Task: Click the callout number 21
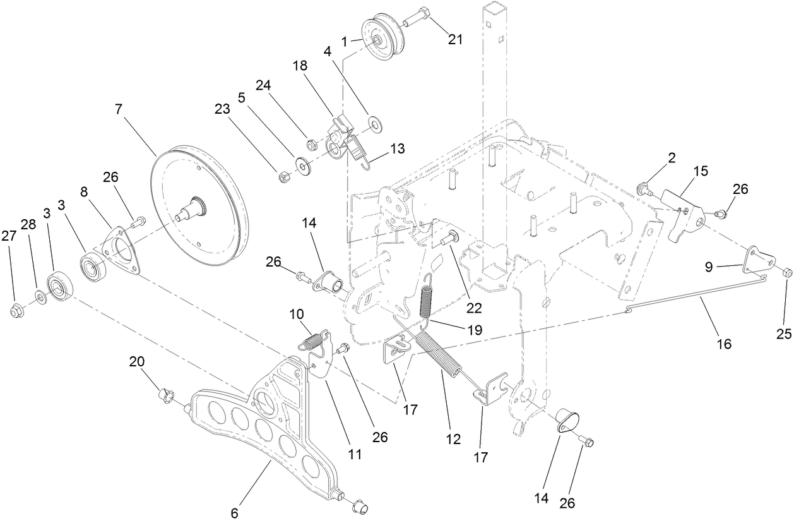pyautogui.click(x=455, y=39)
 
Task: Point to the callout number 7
pyautogui.click(x=118, y=109)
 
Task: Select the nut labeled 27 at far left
pyautogui.click(x=16, y=310)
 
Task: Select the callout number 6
pyautogui.click(x=234, y=513)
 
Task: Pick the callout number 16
pyautogui.click(x=724, y=344)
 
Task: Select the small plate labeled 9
pyautogui.click(x=757, y=260)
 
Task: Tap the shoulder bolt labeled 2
pyautogui.click(x=643, y=188)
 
